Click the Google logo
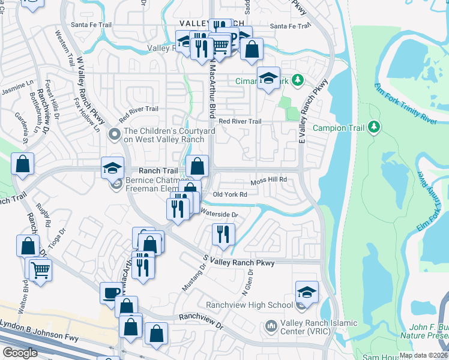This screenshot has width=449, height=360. [x=20, y=353]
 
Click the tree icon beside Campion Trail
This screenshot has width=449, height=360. [x=374, y=127]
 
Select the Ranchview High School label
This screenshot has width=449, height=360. [x=249, y=305]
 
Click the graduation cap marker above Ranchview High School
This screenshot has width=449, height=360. [x=307, y=292]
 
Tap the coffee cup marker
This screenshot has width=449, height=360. [x=110, y=292]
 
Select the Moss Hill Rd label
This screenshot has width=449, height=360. [x=269, y=179]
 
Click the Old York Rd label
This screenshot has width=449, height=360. [x=230, y=194]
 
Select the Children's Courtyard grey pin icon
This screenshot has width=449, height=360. [x=113, y=136]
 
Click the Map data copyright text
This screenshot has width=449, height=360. [x=423, y=355]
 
